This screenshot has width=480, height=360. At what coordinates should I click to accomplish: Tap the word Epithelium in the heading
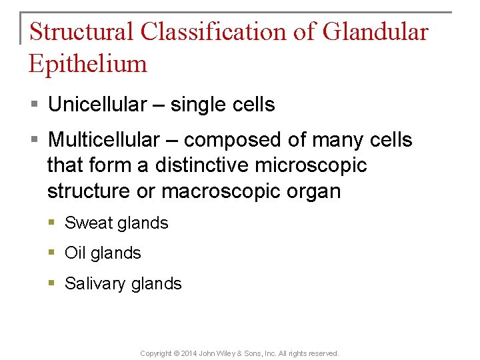click(x=88, y=64)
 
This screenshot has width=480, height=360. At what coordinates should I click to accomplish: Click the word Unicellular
click(x=97, y=105)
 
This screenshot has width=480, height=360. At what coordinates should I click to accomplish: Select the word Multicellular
click(x=104, y=140)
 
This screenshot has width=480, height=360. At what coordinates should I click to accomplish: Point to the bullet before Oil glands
click(x=53, y=253)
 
